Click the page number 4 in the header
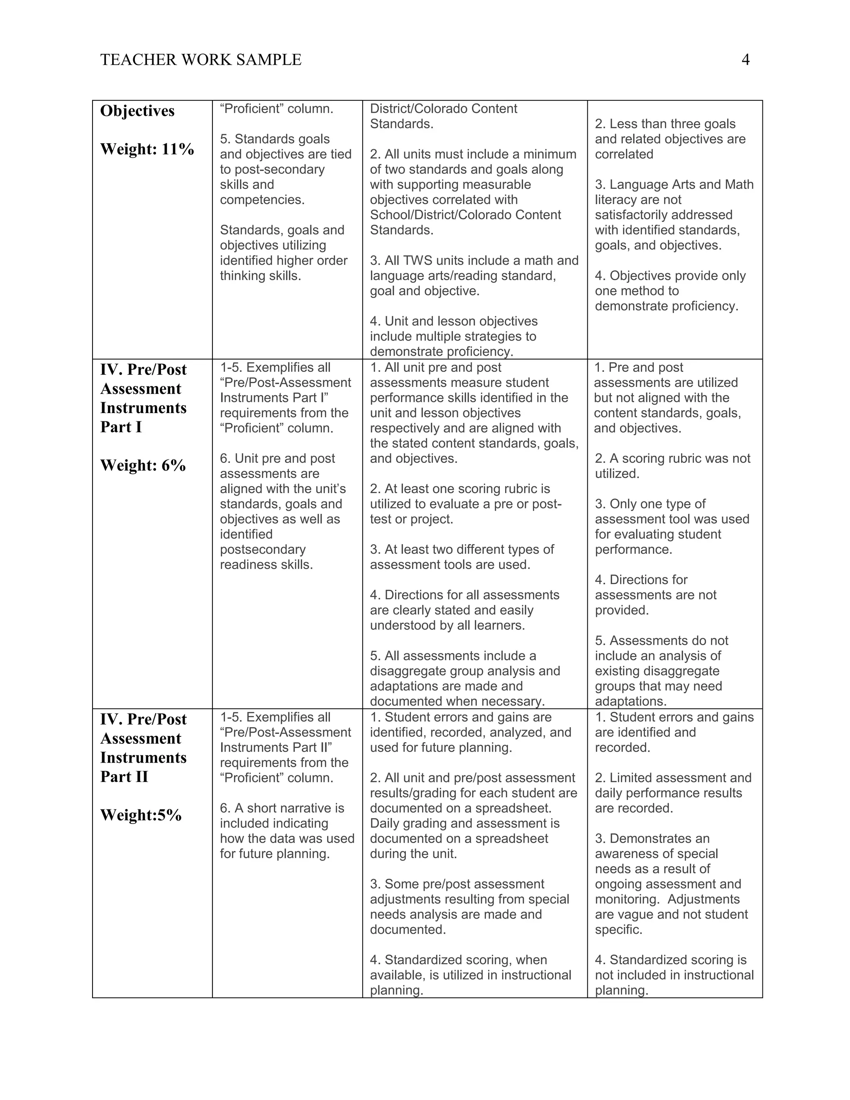pyautogui.click(x=745, y=60)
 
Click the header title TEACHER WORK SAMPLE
pyautogui.click(x=201, y=60)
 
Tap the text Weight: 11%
pyautogui.click(x=147, y=149)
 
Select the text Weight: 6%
pyautogui.click(x=143, y=465)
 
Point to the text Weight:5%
pyautogui.click(x=141, y=815)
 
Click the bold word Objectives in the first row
pyautogui.click(x=137, y=111)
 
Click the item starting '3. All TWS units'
pyautogui.click(x=474, y=276)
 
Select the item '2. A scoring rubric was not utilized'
pyautogui.click(x=672, y=466)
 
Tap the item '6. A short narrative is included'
pyautogui.click(x=286, y=831)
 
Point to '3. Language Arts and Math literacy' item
pyautogui.click(x=674, y=215)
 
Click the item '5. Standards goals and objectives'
pyautogui.click(x=286, y=169)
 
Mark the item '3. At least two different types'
pyautogui.click(x=462, y=557)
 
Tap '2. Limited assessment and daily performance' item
pyautogui.click(x=673, y=793)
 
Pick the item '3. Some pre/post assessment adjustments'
pyautogui.click(x=469, y=907)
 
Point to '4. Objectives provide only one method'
pyautogui.click(x=670, y=291)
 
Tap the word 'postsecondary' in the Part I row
pyautogui.click(x=263, y=550)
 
